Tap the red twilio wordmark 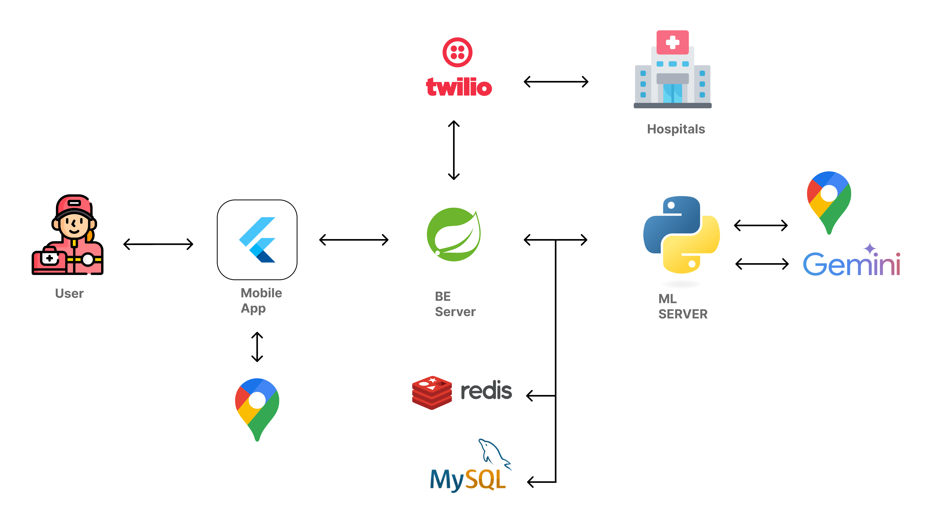(x=459, y=87)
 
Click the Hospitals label (x=676, y=129)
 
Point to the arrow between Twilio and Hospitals (x=556, y=82)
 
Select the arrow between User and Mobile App (x=158, y=244)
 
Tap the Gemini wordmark (x=851, y=263)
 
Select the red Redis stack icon (x=432, y=392)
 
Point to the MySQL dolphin (x=494, y=453)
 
